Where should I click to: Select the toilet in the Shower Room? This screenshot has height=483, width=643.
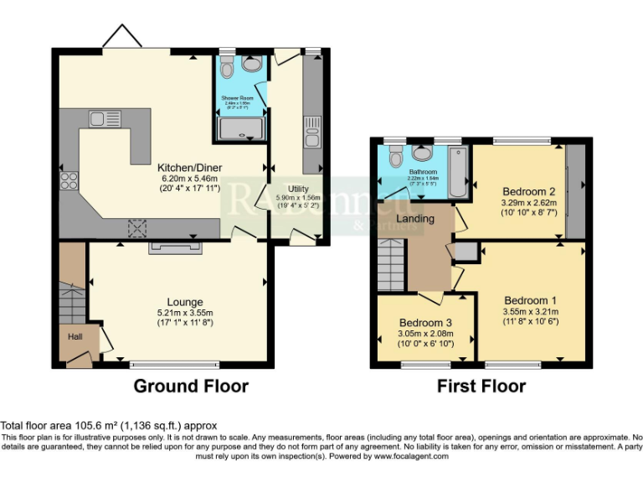251,63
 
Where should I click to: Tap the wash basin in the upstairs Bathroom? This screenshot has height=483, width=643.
423,153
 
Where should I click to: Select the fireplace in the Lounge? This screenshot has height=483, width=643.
176,247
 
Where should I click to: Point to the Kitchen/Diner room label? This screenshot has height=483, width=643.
189,168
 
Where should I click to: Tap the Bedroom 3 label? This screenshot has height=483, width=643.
425,323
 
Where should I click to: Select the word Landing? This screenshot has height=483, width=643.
416,219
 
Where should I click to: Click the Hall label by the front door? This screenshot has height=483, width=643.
75,336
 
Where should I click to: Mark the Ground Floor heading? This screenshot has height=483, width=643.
191,387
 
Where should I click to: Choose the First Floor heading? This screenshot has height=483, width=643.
481,387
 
